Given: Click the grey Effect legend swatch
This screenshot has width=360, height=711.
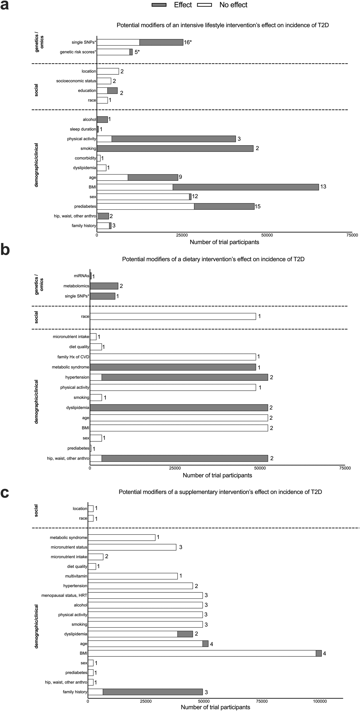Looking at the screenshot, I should coord(161,5).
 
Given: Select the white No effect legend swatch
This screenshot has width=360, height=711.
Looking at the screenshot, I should coord(204,5).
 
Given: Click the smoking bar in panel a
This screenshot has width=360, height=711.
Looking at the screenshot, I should coord(175,148).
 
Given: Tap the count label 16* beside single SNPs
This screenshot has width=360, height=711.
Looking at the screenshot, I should coord(188,42).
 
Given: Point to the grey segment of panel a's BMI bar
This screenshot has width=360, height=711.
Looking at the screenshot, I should coord(246,187).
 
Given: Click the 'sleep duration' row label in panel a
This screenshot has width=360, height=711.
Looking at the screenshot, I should coord(83,129).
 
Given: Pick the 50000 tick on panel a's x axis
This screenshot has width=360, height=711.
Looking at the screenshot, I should coord(267,235).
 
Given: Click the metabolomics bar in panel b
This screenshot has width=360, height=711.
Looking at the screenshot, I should coord(104,286).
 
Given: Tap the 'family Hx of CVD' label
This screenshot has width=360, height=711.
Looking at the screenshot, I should coord(73,357).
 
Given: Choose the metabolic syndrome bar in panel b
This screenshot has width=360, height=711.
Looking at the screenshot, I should coord(173,367).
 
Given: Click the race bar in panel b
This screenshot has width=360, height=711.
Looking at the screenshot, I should coord(173,317).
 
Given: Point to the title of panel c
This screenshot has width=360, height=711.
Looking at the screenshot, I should coord(220,492).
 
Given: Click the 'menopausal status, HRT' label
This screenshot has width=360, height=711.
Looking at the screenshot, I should coord(64,596).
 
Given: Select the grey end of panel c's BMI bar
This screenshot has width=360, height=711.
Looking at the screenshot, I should coord(319,654).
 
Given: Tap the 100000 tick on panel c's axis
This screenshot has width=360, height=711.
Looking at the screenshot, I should coord(320,702).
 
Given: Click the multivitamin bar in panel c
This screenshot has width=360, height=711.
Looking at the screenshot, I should coord(133,576).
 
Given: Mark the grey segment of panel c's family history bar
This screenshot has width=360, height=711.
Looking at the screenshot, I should coord(153,692).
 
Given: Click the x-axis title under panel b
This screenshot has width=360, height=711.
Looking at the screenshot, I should coord(217,475).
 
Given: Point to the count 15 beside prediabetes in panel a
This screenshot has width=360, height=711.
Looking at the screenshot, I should coord(258,206).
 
